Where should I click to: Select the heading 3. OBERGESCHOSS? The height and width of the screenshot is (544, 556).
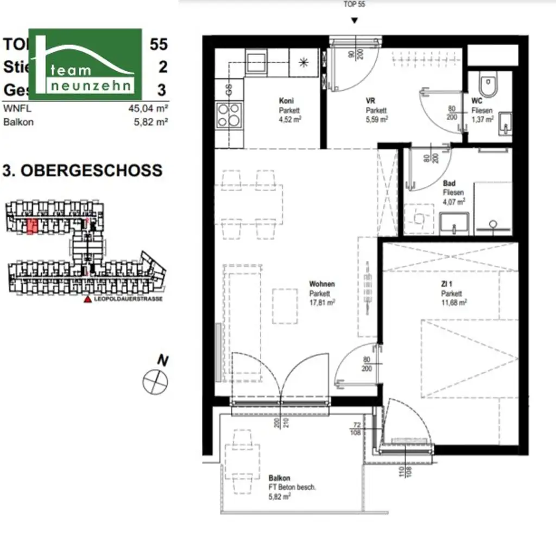coord(83,170)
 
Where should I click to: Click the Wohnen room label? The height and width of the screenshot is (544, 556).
coord(322,284)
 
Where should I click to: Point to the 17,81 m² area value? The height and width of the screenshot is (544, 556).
coord(322,302)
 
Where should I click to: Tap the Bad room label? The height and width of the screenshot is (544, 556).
coord(449,184)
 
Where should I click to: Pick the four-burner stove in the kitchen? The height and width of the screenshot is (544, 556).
coord(229,115)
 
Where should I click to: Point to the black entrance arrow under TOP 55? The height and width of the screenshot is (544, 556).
coord(355,21)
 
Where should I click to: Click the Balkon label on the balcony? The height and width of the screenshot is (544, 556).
coord(279,478)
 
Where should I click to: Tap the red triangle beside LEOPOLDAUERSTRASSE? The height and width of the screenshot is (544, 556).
coord(87,299)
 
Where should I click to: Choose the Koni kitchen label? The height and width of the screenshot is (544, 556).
coord(286,101)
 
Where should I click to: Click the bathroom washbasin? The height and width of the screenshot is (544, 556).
coord(454,223)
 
